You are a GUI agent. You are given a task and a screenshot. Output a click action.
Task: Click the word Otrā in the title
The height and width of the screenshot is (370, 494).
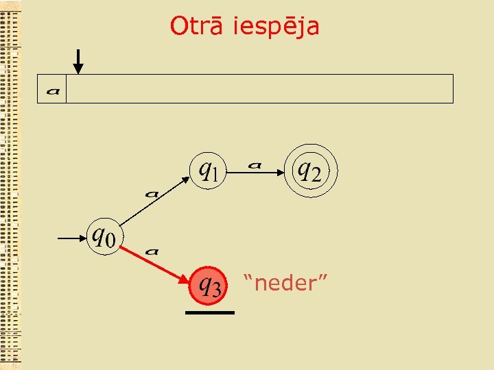point(198,26)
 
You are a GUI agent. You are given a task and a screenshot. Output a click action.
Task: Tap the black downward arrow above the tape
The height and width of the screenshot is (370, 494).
point(78,62)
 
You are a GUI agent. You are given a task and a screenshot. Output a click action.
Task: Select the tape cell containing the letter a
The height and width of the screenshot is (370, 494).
point(52,90)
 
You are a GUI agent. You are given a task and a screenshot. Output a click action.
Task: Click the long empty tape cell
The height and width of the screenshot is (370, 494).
point(259,89)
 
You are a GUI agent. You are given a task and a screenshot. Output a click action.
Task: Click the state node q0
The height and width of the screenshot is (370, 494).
point(104,237)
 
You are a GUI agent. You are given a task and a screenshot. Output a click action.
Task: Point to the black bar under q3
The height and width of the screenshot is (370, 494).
point(210,312)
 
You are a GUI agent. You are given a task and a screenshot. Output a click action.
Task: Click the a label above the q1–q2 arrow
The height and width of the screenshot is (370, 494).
point(255,164)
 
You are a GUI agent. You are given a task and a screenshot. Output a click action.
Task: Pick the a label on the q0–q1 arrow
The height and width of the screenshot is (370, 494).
point(152,193)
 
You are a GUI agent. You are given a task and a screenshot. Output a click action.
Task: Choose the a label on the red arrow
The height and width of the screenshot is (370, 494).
point(152,251)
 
